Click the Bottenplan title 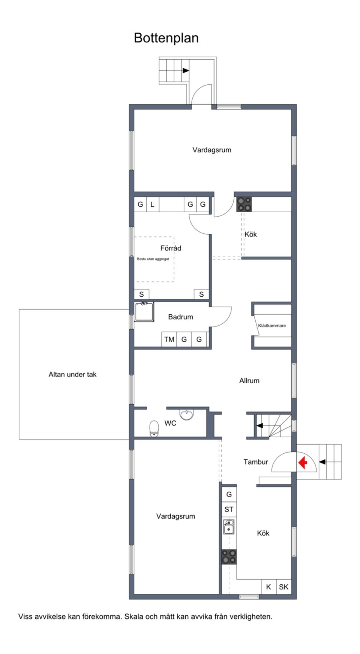166,38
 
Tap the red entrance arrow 303,462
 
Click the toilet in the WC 154,428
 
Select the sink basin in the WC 187,415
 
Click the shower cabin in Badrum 144,312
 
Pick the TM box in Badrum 169,339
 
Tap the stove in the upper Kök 244,204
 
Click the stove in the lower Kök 229,557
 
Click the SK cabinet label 283,587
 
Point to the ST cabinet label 229,509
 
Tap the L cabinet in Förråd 152,204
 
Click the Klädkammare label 272,325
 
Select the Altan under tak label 72,374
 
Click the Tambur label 256,462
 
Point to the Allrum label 249,381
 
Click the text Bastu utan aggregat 153,259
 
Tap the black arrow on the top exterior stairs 186,70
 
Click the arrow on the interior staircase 259,426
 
